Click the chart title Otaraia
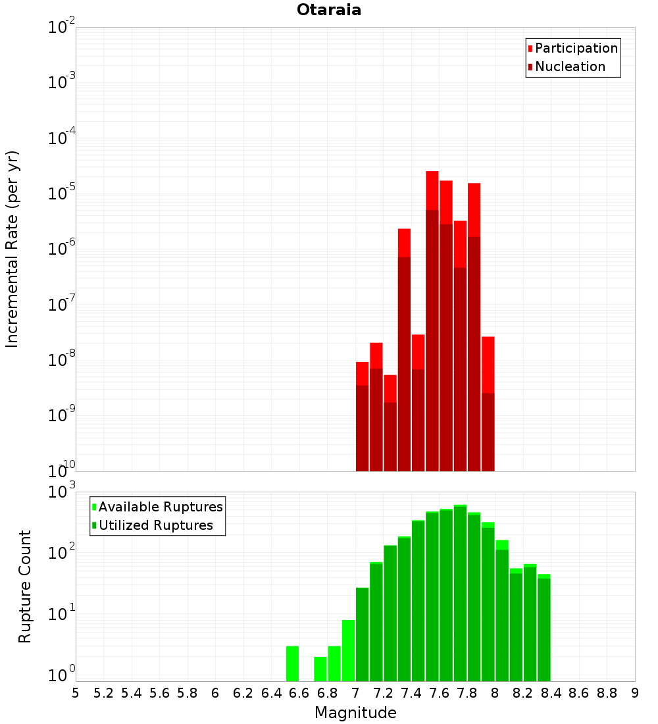pos(329,11)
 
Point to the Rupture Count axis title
pos(25,586)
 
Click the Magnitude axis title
pos(355,713)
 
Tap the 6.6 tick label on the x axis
pos(299,693)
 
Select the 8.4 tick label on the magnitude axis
pos(551,693)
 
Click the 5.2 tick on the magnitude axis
pos(103,693)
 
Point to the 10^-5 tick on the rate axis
pos(61,194)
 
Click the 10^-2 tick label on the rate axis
pos(61,28)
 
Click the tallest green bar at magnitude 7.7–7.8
pos(460,592)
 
